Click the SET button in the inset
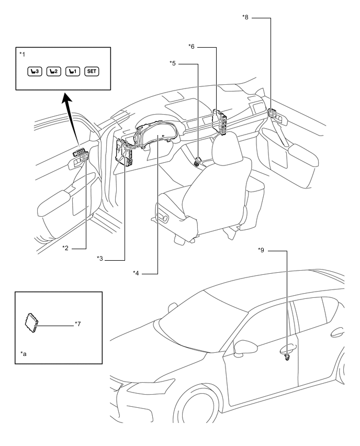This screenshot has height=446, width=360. pos(92,71)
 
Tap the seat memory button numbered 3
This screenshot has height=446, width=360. pos(35,71)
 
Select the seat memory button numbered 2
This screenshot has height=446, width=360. pos(54,71)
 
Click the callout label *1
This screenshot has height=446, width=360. pos(22,54)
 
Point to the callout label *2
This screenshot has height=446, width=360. pos(65,248)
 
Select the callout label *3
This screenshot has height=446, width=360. pos(100,258)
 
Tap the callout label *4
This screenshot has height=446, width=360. pos(136,273)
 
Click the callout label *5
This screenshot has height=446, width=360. pos(173,63)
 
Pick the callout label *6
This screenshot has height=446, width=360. pos(192,47)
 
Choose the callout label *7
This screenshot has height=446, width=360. pos(77,324)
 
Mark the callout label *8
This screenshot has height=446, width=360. pos(245,17)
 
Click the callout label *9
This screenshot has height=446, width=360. pos(261,250)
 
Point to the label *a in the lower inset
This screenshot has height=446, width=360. pos(24,353)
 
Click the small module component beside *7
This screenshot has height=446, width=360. pos(31,323)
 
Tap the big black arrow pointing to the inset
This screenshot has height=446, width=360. pos(72,119)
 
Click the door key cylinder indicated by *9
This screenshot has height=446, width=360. pos(287,357)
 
